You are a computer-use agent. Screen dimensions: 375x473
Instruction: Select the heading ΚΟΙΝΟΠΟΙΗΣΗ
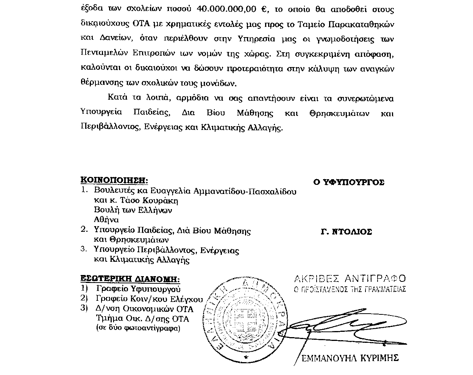[x=114, y=180]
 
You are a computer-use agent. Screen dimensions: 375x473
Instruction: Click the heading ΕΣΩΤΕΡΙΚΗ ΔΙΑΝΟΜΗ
[x=130, y=279]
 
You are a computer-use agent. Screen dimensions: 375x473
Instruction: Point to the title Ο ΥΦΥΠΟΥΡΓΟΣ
[x=348, y=182]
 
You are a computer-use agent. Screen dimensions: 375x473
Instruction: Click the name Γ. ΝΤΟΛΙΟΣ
[x=346, y=232]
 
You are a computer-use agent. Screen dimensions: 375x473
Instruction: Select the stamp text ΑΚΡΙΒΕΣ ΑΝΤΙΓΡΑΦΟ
[x=350, y=279]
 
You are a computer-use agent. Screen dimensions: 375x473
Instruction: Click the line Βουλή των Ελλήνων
[x=133, y=210]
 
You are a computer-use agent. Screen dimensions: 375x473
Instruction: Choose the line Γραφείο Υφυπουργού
[x=136, y=289]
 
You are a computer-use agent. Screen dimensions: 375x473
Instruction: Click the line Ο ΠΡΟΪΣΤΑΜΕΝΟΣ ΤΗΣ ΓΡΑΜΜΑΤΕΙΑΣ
[x=350, y=289]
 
